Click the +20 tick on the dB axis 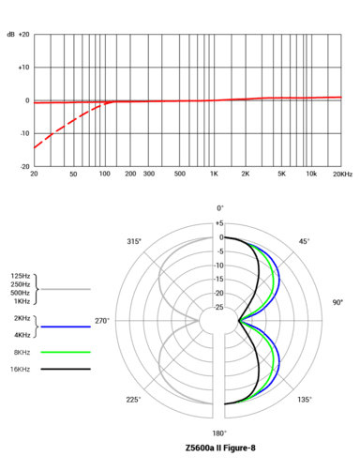tap(23, 35)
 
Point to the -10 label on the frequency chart tap(24, 133)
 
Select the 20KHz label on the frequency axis tap(342, 175)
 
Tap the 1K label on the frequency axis tap(214, 175)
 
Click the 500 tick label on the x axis tap(179, 175)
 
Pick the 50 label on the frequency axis tap(73, 175)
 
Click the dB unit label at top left tap(10, 35)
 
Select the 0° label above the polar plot tap(220, 207)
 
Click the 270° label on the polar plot tap(101, 320)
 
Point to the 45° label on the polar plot tap(304, 242)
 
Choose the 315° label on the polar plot tap(134, 242)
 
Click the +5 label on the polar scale tap(219, 223)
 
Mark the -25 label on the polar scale tap(219, 307)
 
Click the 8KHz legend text tap(21, 351)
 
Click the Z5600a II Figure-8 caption tap(220, 448)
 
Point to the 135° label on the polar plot tap(304, 399)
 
